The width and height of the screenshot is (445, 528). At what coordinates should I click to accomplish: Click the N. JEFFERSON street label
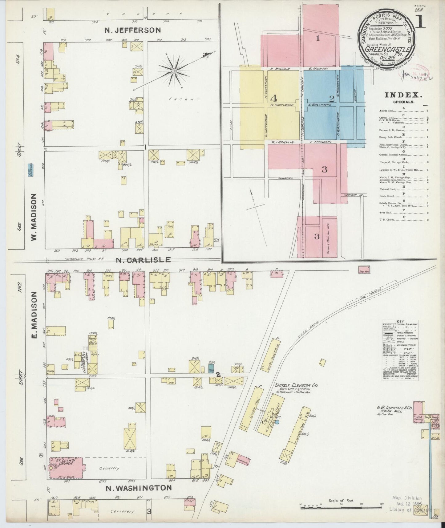point(132,30)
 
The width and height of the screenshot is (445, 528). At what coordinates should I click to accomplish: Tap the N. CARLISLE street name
point(144,260)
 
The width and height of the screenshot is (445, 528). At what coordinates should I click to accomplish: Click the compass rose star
point(174,71)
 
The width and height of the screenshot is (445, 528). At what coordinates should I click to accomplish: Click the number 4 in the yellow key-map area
point(273,98)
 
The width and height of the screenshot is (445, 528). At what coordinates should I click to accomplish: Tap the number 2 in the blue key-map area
point(332,99)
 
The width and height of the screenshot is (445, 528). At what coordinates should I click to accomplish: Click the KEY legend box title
point(400,321)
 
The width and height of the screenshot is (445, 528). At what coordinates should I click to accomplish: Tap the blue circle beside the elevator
point(277,421)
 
